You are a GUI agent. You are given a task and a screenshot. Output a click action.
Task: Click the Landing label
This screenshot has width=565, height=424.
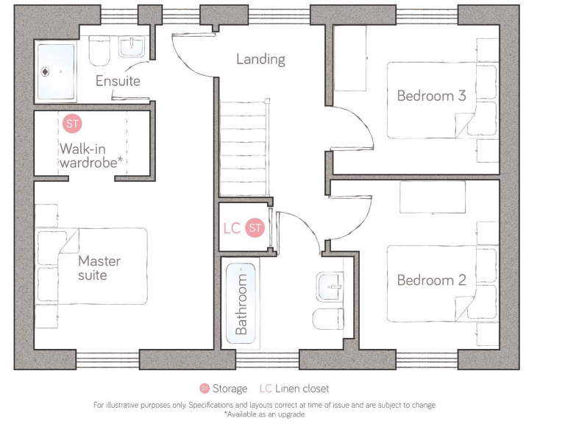tap(260, 59)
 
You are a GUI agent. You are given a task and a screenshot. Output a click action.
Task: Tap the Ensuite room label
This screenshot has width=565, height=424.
tap(118, 81)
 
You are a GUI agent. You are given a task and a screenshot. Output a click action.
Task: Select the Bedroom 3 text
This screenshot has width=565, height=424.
tap(431, 96)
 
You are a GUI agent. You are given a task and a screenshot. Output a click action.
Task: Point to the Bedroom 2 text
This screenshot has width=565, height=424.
tap(431, 280)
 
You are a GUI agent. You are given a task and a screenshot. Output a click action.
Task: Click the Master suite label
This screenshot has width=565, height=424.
tap(99, 268)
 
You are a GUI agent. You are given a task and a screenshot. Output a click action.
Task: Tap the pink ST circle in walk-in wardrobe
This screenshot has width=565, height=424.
tap(72, 124)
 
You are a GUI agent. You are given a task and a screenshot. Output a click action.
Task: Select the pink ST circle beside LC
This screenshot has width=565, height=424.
tap(255, 228)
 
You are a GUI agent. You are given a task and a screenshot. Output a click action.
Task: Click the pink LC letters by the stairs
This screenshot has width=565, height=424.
tap(232, 228)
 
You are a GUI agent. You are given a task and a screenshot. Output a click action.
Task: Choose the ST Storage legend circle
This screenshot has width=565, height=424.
tap(205, 389)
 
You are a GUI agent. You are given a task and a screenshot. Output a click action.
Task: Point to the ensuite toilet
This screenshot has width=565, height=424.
tap(99, 52)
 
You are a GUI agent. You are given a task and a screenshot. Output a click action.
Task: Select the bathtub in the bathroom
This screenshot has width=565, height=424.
tap(241, 302)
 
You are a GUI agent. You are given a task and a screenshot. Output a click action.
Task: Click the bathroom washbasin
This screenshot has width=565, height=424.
tap(329, 286)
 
